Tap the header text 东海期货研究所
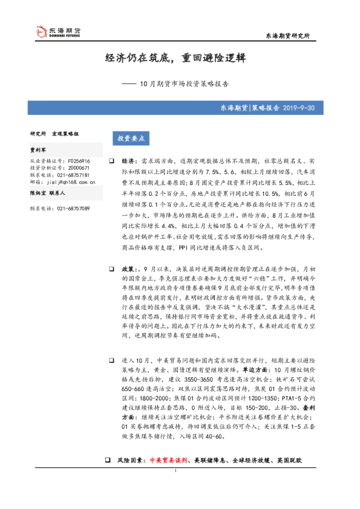(x=288, y=36)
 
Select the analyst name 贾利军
(x=39, y=148)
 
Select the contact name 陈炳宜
(x=39, y=192)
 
